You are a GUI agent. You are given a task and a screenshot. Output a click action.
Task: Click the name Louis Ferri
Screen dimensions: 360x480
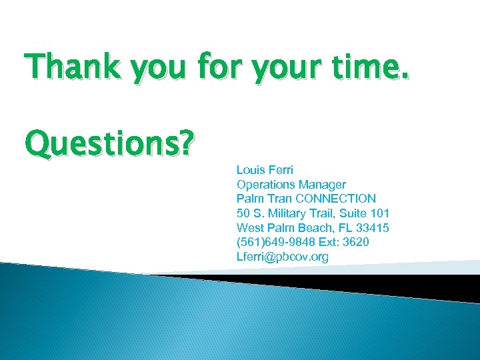pos(265,169)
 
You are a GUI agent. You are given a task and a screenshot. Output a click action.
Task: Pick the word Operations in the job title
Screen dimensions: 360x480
pos(265,184)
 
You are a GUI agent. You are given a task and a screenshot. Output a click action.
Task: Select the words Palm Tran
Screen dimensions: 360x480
pos(265,199)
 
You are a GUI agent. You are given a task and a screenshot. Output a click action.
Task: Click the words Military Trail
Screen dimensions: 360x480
pos(297,213)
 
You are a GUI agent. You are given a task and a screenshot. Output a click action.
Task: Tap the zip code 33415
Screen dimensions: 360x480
pos(374,228)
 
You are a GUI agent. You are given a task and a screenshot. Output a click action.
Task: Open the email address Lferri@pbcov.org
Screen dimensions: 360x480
pos(283,257)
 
